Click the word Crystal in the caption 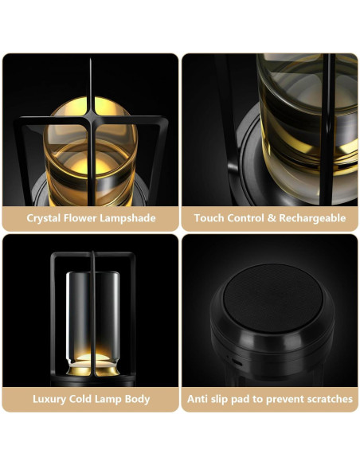[x=45, y=218]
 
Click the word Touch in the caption [x=209, y=218]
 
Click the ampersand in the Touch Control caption [x=268, y=218]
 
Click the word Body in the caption [x=135, y=398]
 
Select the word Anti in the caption [x=198, y=398]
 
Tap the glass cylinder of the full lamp [x=91, y=307]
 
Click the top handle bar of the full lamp [x=91, y=256]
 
